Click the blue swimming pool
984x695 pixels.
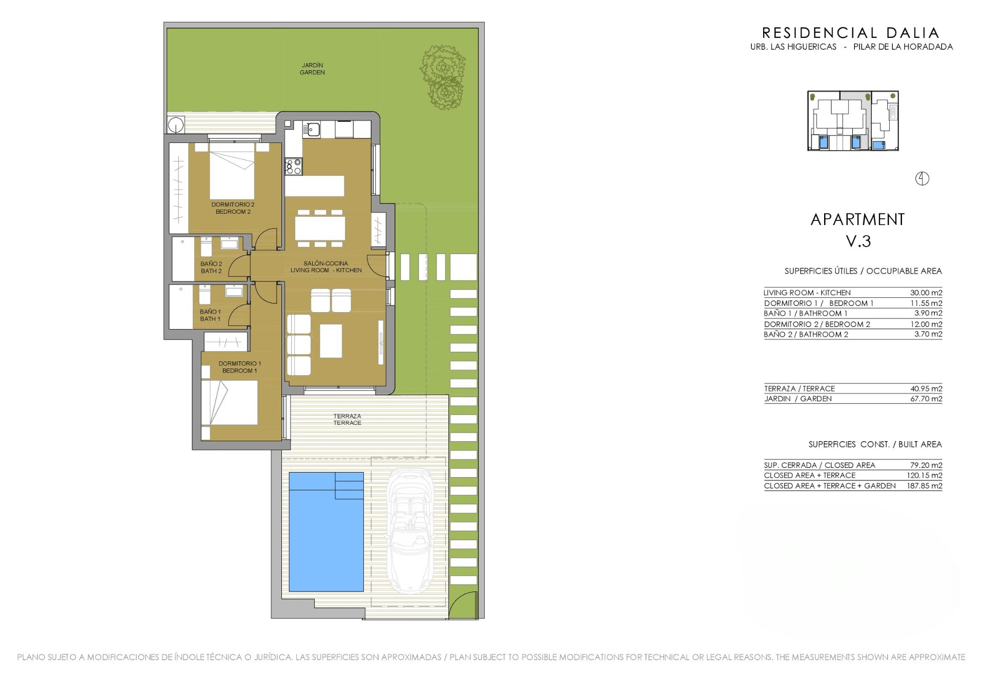(x=326, y=532)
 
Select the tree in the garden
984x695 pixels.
(x=443, y=77)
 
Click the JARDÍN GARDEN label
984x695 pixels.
(x=312, y=69)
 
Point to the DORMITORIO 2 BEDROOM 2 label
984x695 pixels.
(x=233, y=208)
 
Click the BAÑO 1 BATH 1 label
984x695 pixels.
(x=210, y=315)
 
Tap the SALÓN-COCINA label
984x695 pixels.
(x=326, y=263)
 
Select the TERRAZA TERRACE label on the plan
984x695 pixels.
(x=347, y=419)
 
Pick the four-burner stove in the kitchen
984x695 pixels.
(x=294, y=166)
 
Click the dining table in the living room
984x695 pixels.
(x=320, y=228)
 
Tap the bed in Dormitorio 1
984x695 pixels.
(x=229, y=402)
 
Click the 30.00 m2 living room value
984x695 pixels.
(x=926, y=293)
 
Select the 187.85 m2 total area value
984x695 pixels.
(x=925, y=486)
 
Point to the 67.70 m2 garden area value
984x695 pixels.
(x=926, y=399)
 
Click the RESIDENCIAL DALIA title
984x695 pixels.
(x=851, y=33)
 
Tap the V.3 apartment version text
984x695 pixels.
(x=858, y=241)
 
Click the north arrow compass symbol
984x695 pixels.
(x=922, y=178)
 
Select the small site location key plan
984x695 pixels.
(x=853, y=121)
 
